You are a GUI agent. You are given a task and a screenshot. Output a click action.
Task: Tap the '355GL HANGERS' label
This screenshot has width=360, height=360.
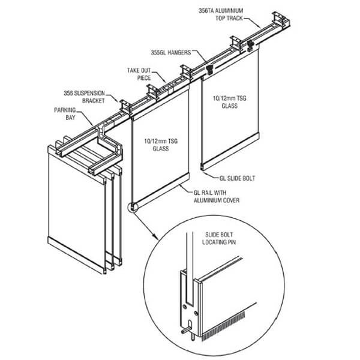point(169,52)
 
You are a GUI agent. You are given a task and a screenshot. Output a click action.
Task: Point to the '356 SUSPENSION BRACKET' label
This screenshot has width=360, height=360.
point(84,97)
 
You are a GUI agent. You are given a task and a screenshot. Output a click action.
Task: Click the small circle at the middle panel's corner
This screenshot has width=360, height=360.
point(131,208)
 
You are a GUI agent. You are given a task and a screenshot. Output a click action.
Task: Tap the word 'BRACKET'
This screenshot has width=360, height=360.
point(91,100)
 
